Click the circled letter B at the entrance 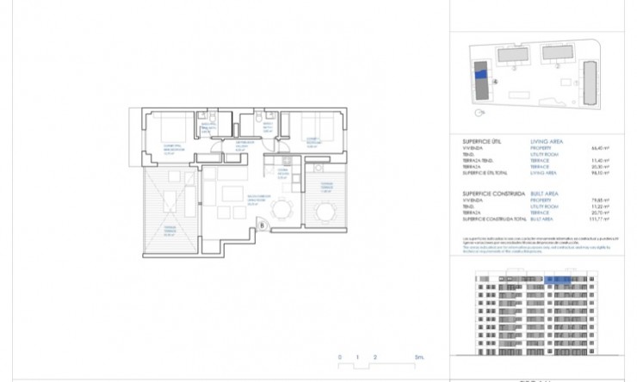(263, 226)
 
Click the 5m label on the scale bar (418, 357)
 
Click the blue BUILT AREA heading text (545, 194)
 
